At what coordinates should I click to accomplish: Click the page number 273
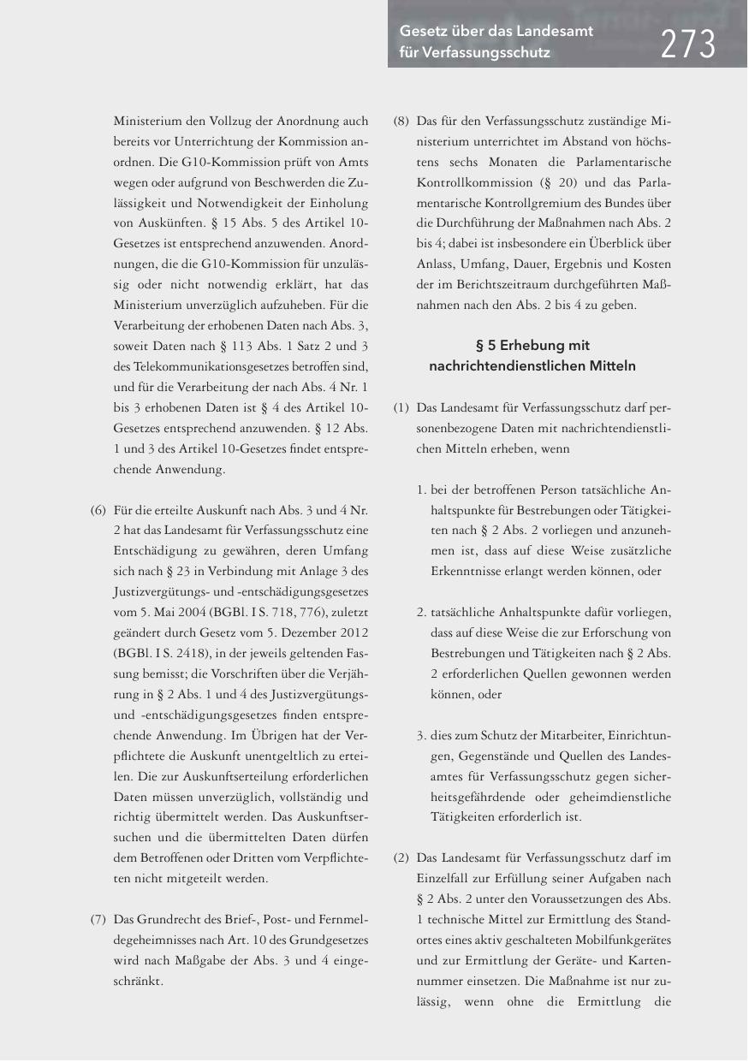pyautogui.click(x=687, y=43)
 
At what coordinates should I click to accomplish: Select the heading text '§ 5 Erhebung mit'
pyautogui.click(x=532, y=346)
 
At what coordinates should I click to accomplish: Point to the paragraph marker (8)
pyautogui.click(x=401, y=122)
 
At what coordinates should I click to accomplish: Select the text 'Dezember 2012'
pyautogui.click(x=328, y=631)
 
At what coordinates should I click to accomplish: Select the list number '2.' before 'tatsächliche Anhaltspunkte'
pyautogui.click(x=422, y=614)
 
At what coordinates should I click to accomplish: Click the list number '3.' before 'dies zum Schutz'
pyautogui.click(x=422, y=735)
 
